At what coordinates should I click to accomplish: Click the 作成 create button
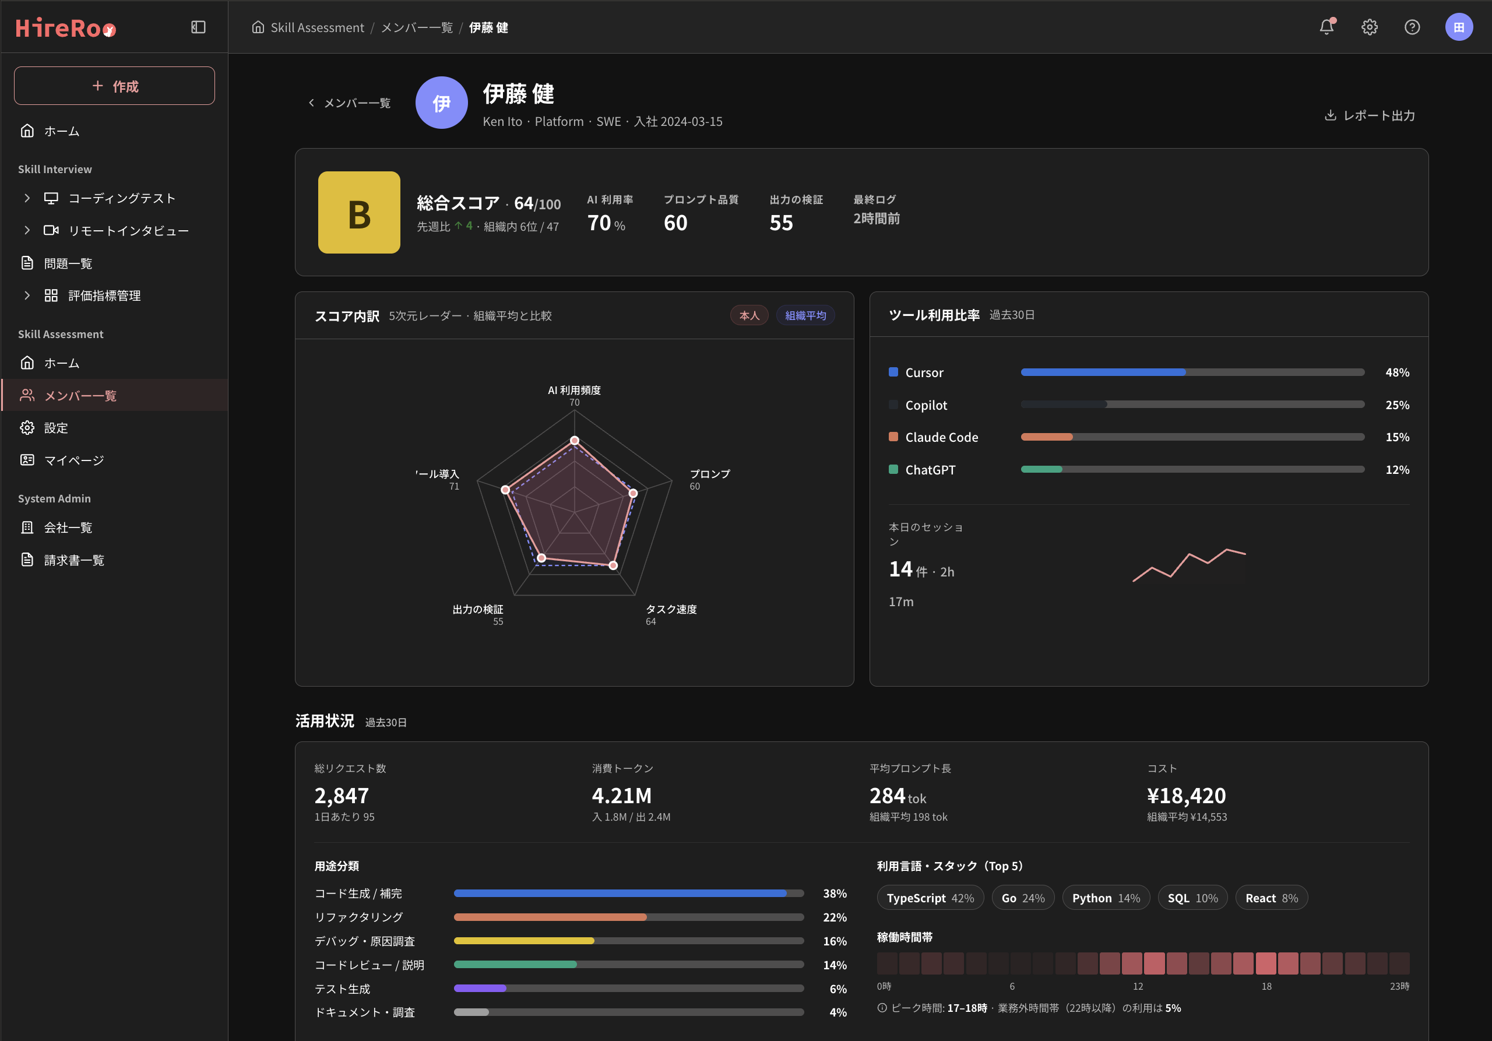[x=114, y=86]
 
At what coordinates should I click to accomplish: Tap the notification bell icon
[x=1327, y=27]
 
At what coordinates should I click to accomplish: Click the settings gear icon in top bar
[x=1369, y=27]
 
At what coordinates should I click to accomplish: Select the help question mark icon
[x=1412, y=27]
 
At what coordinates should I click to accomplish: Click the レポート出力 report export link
[x=1370, y=115]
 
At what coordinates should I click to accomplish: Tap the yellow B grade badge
[x=358, y=213]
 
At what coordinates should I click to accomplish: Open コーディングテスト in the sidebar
[x=122, y=198]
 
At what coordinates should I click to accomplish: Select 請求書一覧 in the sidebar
[x=74, y=560]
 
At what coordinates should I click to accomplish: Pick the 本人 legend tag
[x=749, y=316]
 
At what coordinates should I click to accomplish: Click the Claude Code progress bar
[x=1192, y=437]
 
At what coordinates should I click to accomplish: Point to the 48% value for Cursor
[x=1397, y=373]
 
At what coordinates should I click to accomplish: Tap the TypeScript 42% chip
[x=930, y=898]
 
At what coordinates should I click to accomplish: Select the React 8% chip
[x=1271, y=898]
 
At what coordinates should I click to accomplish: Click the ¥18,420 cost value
[x=1186, y=796]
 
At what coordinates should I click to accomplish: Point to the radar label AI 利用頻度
[x=575, y=391]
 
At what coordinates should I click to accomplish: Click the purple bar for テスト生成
[x=480, y=989]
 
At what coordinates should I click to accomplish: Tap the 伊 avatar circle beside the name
[x=441, y=103]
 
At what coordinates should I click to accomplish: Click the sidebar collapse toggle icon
[x=198, y=27]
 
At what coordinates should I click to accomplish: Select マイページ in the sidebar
[x=73, y=460]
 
